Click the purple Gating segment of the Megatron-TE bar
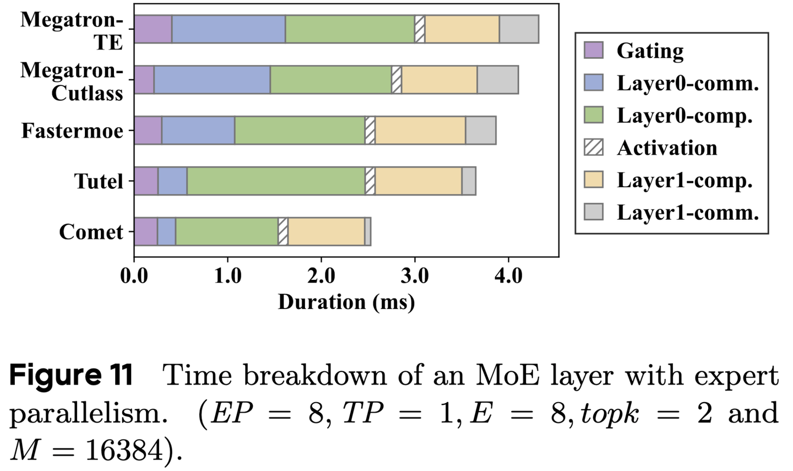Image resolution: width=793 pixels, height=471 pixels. pos(153,29)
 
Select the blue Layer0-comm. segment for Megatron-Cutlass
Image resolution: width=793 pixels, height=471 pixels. pos(212,80)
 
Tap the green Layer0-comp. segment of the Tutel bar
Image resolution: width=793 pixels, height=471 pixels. pos(276,181)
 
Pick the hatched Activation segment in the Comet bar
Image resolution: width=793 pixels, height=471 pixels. pos(283,231)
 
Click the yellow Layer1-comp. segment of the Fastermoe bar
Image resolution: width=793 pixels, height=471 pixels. pos(420,131)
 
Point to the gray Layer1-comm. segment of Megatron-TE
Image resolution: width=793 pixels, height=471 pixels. pos(519,29)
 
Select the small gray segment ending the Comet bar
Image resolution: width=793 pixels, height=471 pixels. pos(367,231)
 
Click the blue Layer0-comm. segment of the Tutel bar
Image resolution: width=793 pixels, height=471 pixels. pos(172,181)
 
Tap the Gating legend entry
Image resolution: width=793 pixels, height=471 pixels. pos(650,51)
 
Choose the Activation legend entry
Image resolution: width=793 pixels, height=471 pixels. pos(667,148)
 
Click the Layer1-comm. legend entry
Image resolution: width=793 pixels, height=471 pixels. pos(688,212)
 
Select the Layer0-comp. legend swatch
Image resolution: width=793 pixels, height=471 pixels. pos(594,115)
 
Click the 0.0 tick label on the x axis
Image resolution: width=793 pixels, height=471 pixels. pos(134,275)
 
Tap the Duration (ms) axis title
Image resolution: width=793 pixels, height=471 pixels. pos(346,302)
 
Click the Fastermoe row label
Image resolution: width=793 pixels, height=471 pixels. pos(72,131)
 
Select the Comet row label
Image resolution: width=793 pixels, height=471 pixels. pos(91,232)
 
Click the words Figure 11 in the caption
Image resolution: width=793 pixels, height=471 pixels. pos(72,376)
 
